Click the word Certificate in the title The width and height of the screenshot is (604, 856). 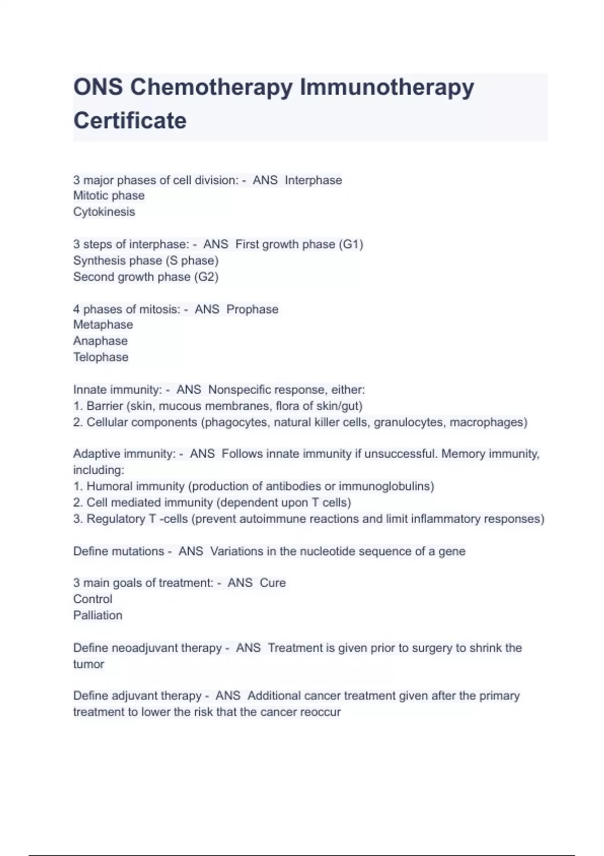click(130, 121)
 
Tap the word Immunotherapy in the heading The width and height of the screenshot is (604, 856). click(387, 87)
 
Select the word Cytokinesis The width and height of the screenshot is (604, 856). click(104, 212)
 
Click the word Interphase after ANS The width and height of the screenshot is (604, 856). click(313, 180)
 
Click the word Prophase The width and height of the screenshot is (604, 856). click(252, 309)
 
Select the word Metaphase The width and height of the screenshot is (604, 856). click(103, 325)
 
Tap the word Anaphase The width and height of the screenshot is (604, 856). click(100, 341)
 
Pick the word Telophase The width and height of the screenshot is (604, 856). click(101, 358)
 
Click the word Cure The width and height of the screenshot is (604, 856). click(272, 583)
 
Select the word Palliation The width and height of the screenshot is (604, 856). click(98, 615)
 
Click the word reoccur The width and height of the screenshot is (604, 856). click(320, 712)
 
